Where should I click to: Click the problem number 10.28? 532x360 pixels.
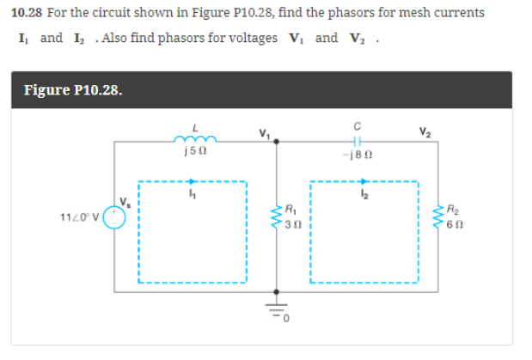tap(26, 13)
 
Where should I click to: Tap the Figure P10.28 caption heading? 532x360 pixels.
tap(72, 89)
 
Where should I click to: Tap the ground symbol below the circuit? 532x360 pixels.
tap(277, 308)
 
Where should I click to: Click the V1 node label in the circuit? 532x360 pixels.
tap(265, 133)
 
